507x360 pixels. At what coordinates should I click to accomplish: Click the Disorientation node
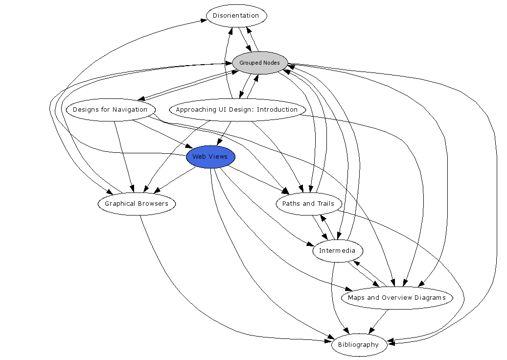pos(236,16)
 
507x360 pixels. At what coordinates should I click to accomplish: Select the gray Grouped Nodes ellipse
pos(260,63)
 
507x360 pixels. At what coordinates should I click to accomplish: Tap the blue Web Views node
pos(210,157)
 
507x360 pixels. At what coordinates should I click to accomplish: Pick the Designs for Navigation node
pos(110,110)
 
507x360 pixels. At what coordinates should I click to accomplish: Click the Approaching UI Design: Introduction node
pos(237,110)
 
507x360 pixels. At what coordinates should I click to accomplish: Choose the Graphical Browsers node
pos(137,204)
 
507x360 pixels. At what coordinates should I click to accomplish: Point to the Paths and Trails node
pos(308,204)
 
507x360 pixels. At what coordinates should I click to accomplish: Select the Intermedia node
pos(338,251)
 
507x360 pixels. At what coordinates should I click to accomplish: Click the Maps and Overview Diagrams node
pos(396,298)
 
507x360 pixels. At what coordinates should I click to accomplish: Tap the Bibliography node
pos(359,345)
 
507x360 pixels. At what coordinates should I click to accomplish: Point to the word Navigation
pos(130,110)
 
